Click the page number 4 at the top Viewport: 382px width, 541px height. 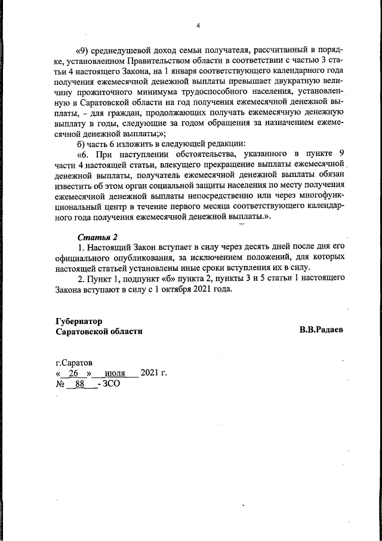[x=198, y=26]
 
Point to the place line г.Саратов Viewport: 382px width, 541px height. [x=74, y=362]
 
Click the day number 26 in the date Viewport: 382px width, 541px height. [x=74, y=374]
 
